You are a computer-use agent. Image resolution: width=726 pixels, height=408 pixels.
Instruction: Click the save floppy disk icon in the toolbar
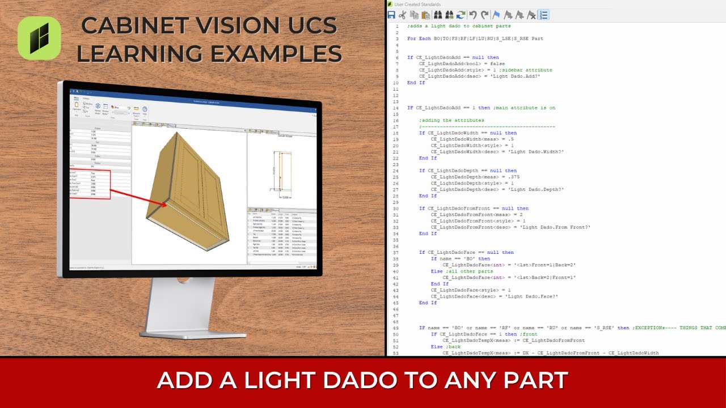[391, 15]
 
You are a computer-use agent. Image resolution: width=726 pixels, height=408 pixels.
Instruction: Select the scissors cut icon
[403, 15]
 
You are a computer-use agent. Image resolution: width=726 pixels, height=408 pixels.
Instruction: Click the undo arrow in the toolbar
[472, 15]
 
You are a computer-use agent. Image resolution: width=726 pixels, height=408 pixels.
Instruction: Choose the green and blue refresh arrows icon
[461, 15]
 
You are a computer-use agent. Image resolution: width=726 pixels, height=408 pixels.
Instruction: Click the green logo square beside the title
[39, 38]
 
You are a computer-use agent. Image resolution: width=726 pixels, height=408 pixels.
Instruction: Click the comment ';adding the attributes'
[451, 120]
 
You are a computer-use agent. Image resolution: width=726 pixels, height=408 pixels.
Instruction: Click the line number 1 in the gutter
[396, 26]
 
